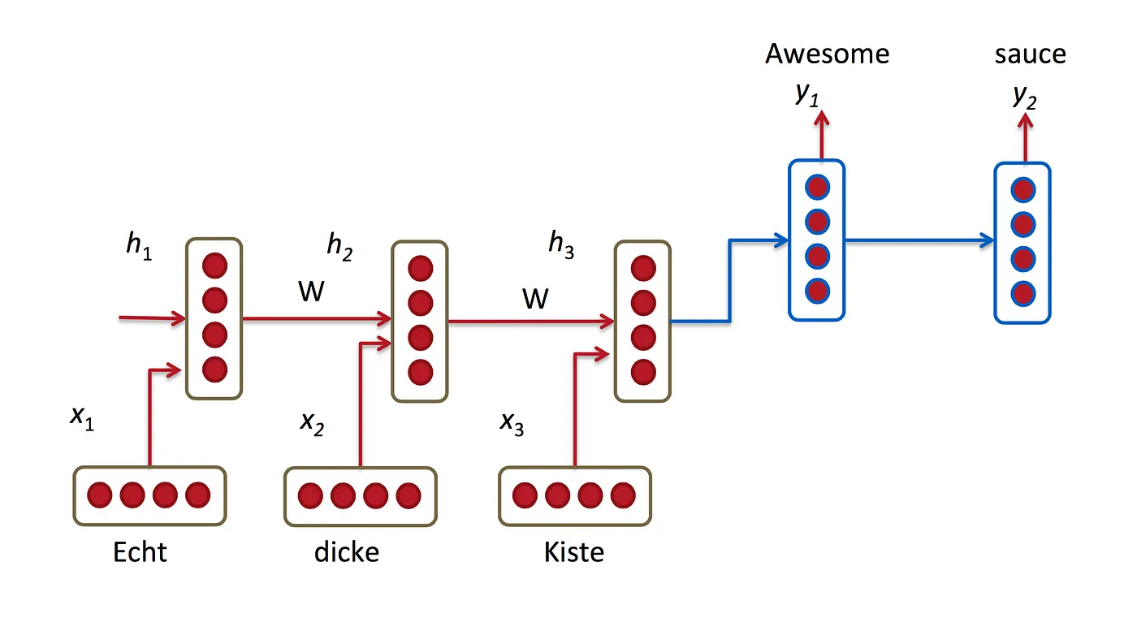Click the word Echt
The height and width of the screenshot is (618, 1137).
[140, 552]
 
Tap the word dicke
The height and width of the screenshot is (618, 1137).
[347, 552]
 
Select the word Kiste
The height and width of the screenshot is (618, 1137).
[574, 552]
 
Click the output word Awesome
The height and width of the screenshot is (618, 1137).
[827, 54]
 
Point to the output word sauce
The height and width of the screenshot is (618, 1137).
[1030, 54]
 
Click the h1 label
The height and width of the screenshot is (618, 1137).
[139, 247]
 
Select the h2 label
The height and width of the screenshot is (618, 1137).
[339, 246]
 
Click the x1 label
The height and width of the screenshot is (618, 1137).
[82, 418]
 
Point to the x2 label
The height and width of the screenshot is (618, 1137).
[312, 423]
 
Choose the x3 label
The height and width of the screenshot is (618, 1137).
[512, 423]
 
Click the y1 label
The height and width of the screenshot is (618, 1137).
[807, 95]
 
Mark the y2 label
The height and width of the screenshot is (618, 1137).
[1024, 96]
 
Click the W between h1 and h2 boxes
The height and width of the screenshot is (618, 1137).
[311, 292]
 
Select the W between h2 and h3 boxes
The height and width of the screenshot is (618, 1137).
[535, 299]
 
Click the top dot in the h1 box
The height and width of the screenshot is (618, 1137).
[214, 266]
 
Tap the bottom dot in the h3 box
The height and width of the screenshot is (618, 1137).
[643, 372]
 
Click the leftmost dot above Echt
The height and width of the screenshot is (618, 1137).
[99, 495]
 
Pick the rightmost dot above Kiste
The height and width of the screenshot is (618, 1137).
[622, 495]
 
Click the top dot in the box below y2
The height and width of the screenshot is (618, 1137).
[1022, 190]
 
